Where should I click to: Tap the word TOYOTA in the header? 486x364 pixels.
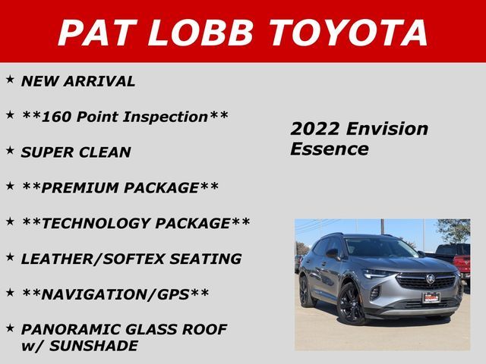[349, 32]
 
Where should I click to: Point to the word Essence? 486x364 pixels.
[329, 149]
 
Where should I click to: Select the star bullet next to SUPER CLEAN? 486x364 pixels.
[10, 150]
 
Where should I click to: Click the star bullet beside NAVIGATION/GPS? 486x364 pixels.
[10, 291]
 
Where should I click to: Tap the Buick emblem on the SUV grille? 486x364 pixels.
[429, 279]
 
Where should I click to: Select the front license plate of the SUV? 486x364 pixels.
[432, 298]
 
